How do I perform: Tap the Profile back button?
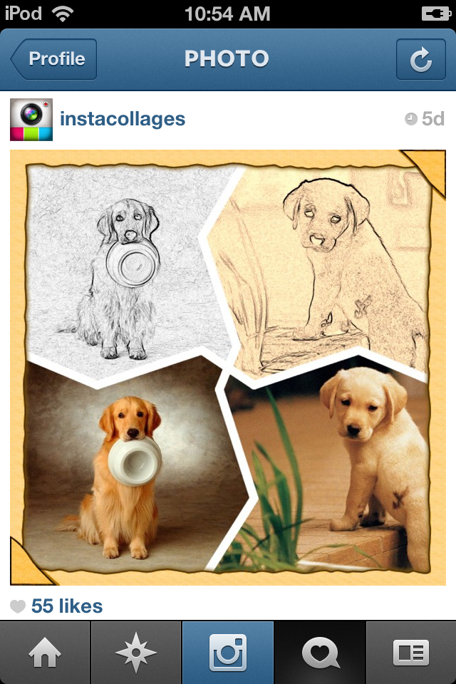[54, 59]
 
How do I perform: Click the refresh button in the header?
[420, 59]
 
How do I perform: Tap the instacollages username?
[123, 119]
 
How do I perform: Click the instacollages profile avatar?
[31, 119]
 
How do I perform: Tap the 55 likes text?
[67, 606]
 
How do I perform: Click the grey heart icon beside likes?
[18, 606]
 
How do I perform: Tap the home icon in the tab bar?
[45, 653]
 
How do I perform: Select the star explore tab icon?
[136, 653]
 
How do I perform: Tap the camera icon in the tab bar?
[228, 653]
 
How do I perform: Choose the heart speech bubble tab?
[320, 653]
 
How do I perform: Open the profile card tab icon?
[411, 653]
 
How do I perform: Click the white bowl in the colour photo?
[135, 460]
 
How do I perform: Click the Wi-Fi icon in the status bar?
[63, 14]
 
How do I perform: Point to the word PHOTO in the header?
[227, 59]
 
